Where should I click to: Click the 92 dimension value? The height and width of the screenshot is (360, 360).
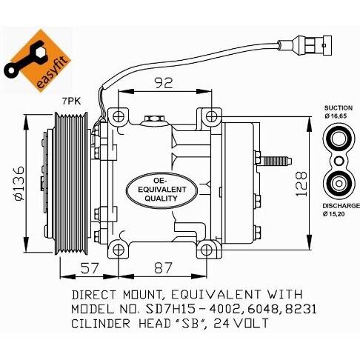point(163,83)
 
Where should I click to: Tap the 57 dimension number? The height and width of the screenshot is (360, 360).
point(90,267)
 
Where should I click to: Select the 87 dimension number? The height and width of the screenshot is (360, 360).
point(163,267)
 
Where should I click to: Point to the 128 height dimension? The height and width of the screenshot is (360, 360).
point(301,184)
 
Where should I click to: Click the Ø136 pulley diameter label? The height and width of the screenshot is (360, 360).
point(19,183)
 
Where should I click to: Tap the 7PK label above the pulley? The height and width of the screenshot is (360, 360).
point(71,101)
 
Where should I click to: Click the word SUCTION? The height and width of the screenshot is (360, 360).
point(339,108)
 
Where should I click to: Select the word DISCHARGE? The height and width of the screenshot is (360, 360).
point(341,206)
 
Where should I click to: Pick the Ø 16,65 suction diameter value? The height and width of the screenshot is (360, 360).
point(336,116)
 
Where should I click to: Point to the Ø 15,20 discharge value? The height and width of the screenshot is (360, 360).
point(333,214)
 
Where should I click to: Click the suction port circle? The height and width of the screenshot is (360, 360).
point(339,139)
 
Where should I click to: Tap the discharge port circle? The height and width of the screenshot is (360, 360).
point(339,184)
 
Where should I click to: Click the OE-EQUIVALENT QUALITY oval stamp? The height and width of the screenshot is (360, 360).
point(161,190)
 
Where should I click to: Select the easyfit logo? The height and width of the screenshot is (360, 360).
point(38,61)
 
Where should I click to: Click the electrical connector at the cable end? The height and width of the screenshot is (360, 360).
point(305,45)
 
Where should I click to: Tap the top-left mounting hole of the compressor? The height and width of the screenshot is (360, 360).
point(119,116)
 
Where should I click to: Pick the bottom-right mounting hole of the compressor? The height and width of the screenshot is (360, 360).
point(206,250)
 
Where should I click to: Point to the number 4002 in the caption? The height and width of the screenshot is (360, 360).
point(224,309)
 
